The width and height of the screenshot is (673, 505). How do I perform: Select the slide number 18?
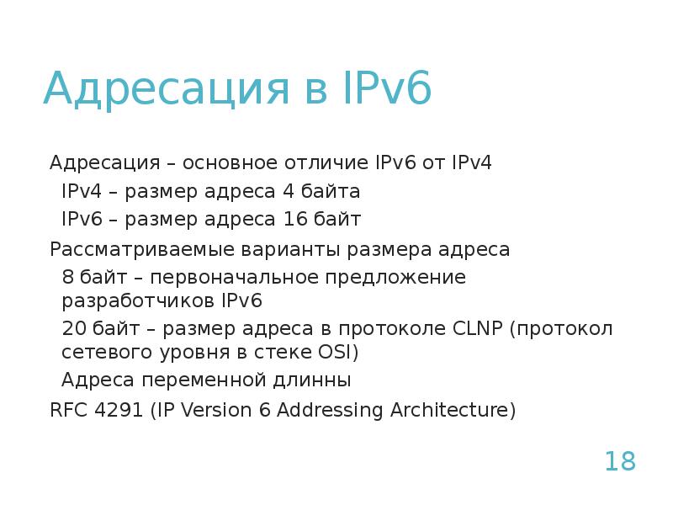620,461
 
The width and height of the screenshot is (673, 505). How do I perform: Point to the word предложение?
393,277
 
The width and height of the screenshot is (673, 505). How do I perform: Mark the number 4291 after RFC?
115,410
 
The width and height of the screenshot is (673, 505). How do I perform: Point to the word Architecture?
450,410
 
